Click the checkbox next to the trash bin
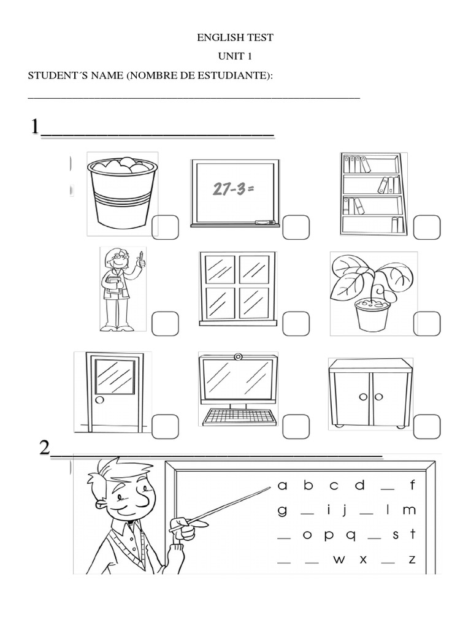[165, 227]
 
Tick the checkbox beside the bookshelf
[427, 227]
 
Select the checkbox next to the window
[296, 324]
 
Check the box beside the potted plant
[427, 324]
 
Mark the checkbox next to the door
[165, 427]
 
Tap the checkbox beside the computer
[296, 427]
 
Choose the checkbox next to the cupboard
[427, 427]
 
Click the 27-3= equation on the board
[234, 189]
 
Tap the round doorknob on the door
[100, 399]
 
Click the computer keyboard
[240, 417]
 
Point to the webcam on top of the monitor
[238, 356]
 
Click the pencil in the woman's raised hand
[141, 255]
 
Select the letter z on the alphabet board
[412, 559]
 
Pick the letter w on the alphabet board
[339, 559]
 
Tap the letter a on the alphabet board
[282, 486]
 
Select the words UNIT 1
[235, 56]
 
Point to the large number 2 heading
[45, 447]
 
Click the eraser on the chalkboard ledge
[264, 222]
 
